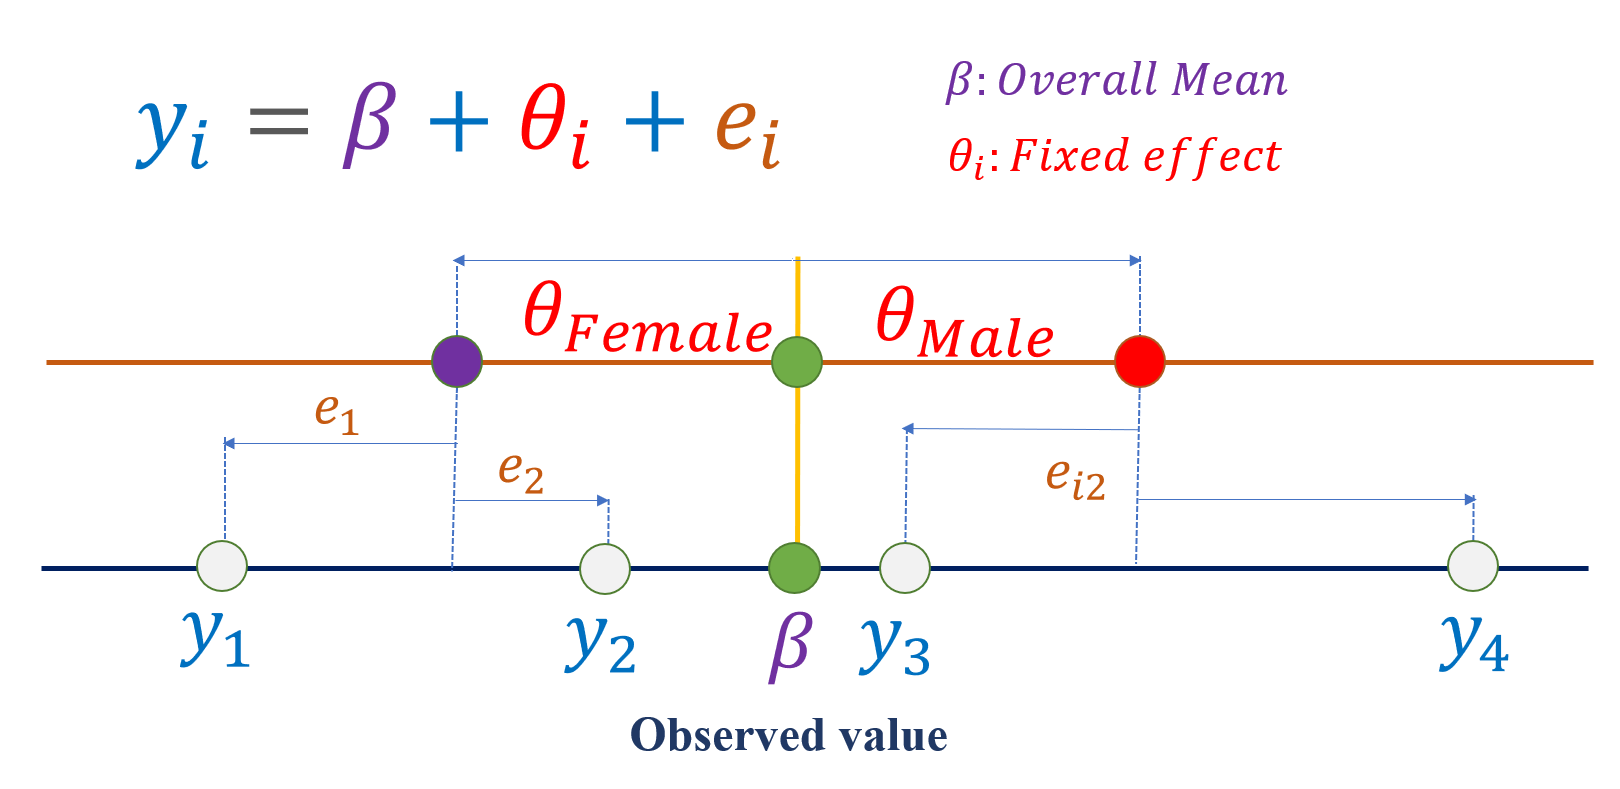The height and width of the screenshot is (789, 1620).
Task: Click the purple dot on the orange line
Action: [x=457, y=361]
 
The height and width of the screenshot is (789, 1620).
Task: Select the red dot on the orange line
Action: [x=1140, y=361]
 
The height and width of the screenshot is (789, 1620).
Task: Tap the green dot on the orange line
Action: [x=797, y=361]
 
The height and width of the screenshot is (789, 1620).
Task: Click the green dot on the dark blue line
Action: [x=795, y=568]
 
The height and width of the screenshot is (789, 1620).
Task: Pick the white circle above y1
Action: [x=222, y=567]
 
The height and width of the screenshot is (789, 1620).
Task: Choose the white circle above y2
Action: [x=605, y=569]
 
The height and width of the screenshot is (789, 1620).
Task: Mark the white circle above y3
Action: [x=905, y=568]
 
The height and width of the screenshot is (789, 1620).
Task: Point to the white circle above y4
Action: [x=1473, y=567]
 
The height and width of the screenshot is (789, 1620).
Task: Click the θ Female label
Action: [x=647, y=319]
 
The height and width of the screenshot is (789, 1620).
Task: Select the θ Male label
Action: [x=964, y=323]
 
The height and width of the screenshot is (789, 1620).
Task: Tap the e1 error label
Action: [x=336, y=412]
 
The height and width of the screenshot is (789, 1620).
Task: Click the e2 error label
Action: [x=521, y=470]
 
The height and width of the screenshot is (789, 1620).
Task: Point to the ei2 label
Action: [x=1076, y=478]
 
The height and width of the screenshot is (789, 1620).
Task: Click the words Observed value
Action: [x=789, y=736]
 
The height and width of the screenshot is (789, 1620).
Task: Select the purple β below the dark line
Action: [x=791, y=645]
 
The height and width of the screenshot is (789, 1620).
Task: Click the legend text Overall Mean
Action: [x=1143, y=81]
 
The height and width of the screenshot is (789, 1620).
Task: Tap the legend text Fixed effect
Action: [x=1145, y=157]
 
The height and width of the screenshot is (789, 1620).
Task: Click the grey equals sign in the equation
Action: [x=279, y=124]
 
